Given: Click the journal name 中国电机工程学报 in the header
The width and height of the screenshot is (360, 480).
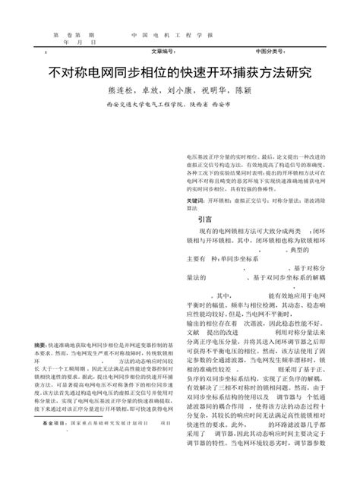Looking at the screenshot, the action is (x=172, y=36).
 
